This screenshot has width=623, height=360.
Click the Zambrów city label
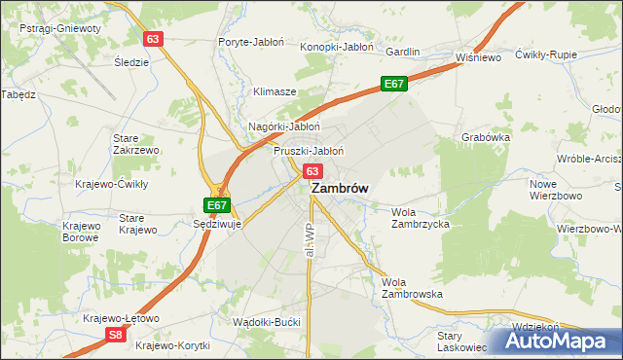click(339, 191)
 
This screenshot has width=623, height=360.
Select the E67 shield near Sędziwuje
click(217, 205)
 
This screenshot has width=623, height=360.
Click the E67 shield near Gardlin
click(393, 85)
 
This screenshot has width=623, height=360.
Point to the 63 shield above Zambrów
click(312, 170)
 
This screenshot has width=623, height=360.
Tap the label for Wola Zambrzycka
click(420, 217)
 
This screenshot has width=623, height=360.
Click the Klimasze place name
click(275, 91)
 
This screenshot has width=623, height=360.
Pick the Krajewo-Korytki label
click(173, 345)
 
